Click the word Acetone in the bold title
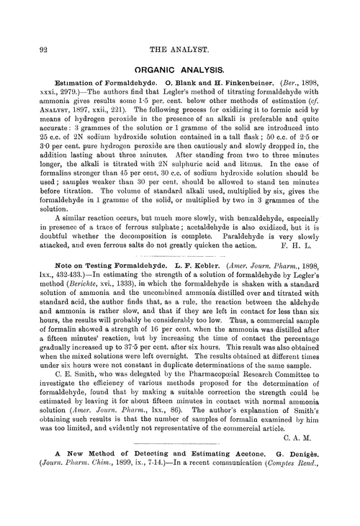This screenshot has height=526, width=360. point(236,507)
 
